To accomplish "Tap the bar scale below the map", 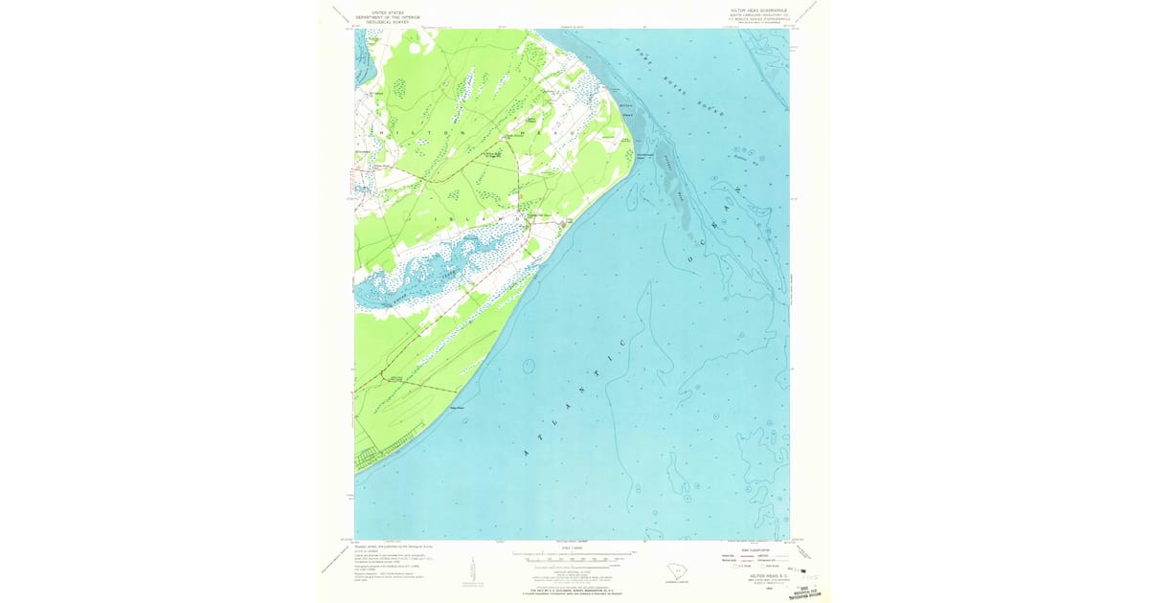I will pos(574,555).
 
